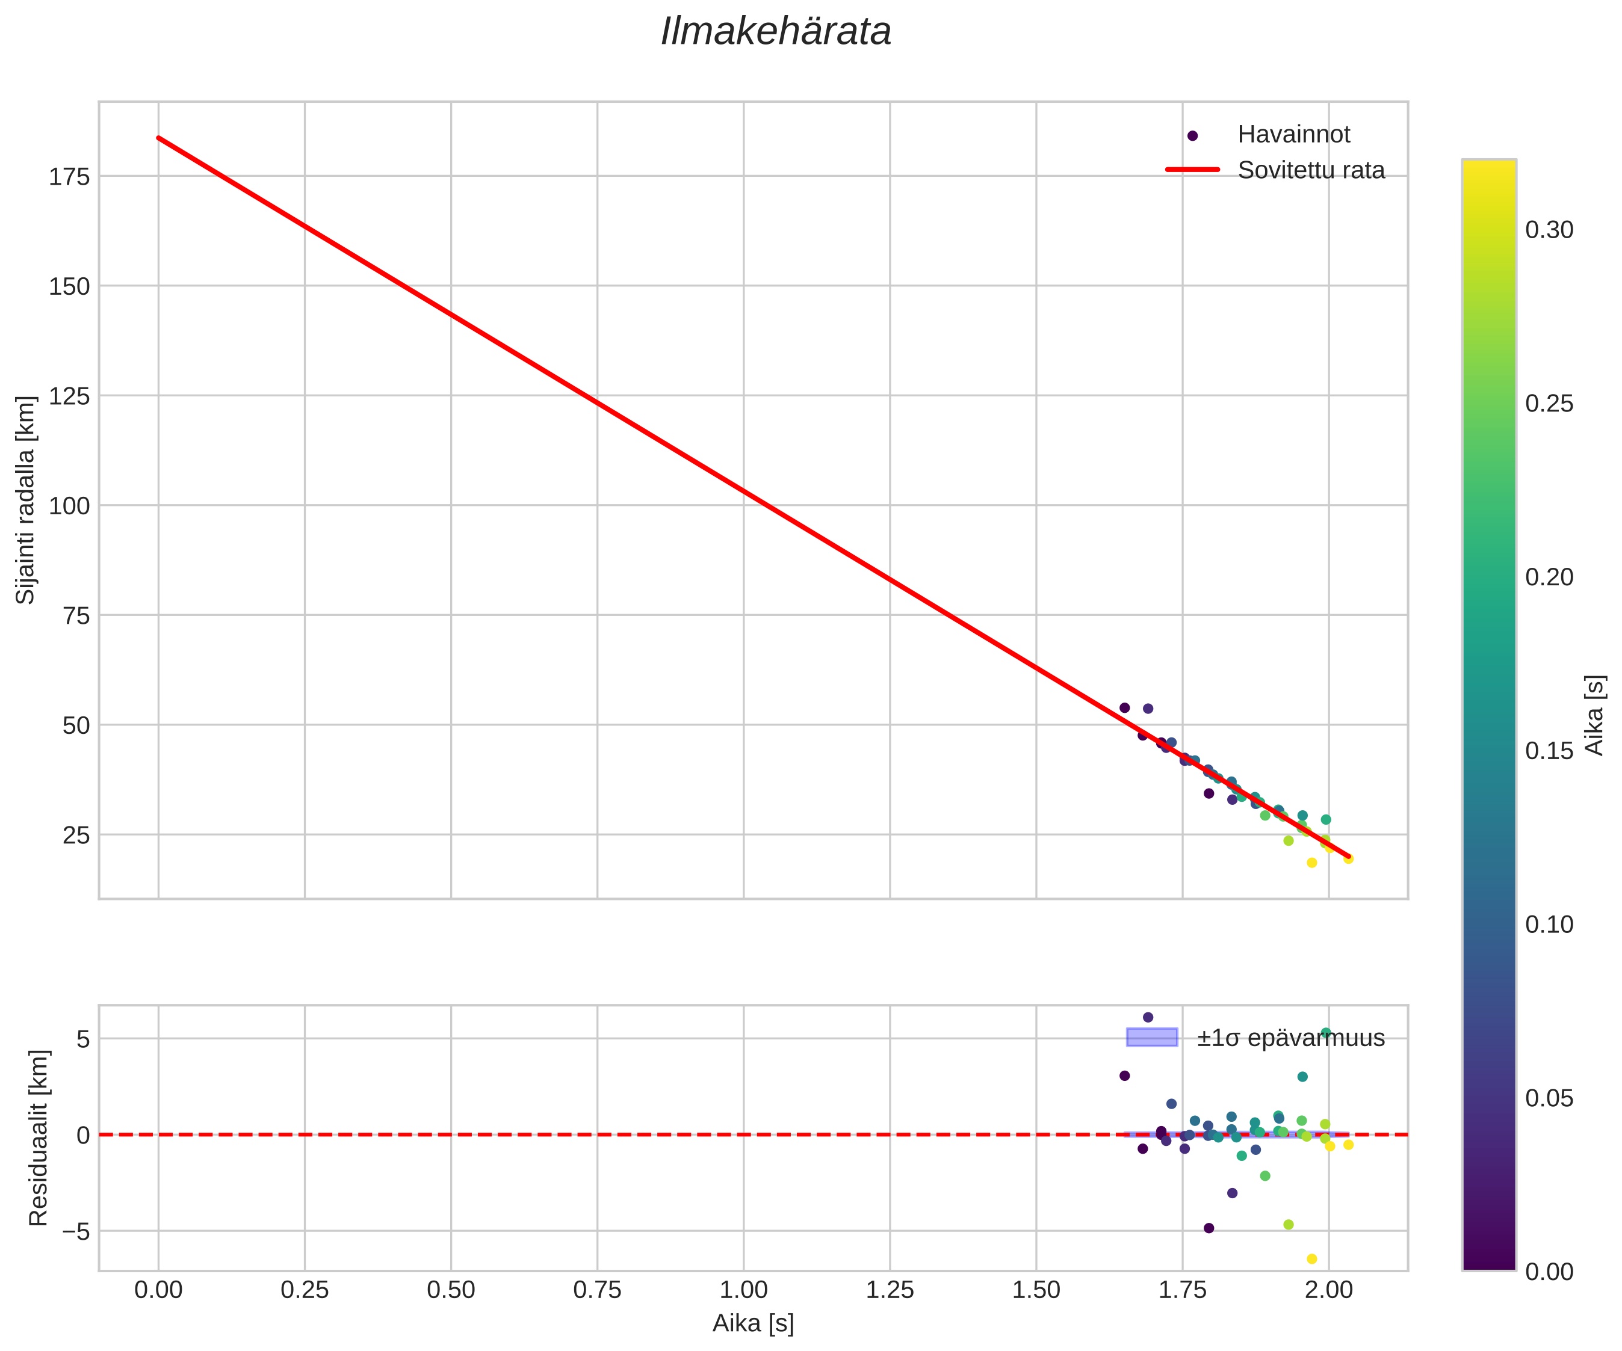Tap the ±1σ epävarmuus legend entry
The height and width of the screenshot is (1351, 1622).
click(1290, 1038)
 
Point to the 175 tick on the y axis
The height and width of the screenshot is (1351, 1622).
click(70, 177)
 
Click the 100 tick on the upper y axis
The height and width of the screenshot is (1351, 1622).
click(70, 506)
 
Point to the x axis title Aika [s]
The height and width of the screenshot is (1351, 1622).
click(753, 1323)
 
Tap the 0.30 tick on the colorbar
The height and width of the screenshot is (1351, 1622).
click(1549, 230)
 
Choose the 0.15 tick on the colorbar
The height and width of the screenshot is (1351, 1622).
click(1549, 750)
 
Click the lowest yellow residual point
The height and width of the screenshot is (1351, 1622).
click(1311, 1259)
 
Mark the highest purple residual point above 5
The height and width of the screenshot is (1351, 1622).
click(1148, 1018)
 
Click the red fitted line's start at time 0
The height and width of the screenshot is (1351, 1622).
click(158, 138)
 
